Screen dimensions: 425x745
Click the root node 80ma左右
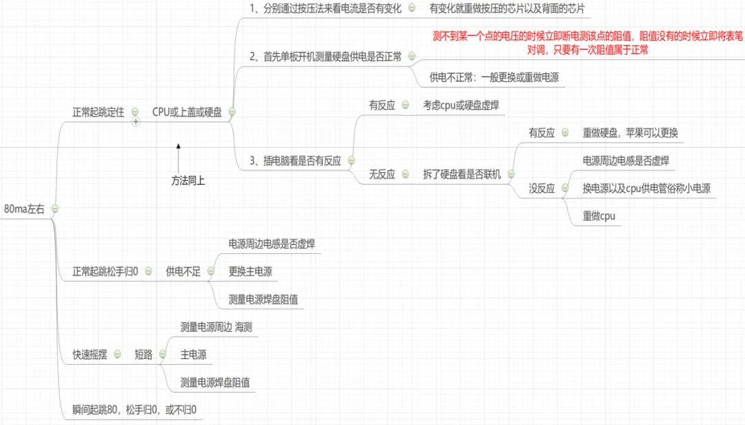[24, 208]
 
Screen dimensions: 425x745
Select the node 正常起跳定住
[99, 112]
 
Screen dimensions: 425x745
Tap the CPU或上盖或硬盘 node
[187, 112]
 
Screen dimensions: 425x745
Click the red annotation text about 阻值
[587, 43]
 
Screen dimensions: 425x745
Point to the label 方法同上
[188, 181]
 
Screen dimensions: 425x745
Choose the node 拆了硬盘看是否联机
[462, 174]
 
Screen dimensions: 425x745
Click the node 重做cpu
[598, 216]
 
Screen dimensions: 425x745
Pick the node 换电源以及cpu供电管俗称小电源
[646, 188]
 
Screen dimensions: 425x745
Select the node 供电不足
[183, 271]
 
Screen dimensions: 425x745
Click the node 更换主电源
[250, 271]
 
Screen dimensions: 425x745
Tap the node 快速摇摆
[90, 355]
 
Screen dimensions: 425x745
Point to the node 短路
[143, 355]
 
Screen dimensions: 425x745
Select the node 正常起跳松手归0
[106, 271]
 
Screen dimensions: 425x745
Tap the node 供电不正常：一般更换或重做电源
[494, 77]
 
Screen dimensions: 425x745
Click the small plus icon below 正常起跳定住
[136, 121]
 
